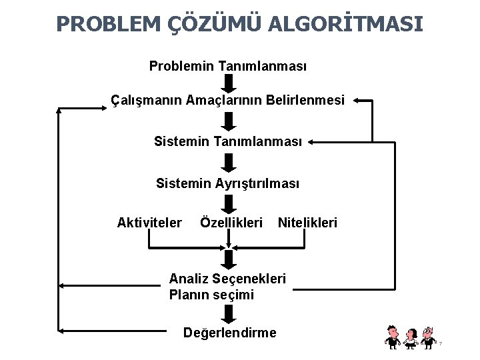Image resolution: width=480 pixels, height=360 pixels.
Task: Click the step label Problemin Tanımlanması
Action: (x=228, y=67)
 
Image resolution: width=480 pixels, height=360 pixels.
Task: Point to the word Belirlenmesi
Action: (x=305, y=101)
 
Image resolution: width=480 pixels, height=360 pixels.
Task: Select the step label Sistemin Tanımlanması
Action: (x=228, y=141)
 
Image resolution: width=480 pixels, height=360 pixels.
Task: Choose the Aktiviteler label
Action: (x=149, y=221)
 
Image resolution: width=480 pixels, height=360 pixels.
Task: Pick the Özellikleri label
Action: (x=231, y=221)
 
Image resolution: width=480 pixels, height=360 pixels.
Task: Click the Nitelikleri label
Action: (x=307, y=221)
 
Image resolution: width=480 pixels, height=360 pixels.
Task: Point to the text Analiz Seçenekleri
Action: (x=227, y=278)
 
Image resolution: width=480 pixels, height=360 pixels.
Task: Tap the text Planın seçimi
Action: (x=211, y=294)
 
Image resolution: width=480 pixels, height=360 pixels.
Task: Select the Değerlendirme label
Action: (x=229, y=332)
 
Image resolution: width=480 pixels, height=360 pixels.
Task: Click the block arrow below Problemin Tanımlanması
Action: (x=229, y=84)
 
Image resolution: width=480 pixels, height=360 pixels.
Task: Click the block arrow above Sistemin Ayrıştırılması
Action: (x=229, y=162)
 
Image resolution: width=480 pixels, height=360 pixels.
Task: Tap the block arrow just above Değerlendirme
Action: (x=229, y=313)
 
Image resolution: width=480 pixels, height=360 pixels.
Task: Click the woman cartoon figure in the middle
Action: (x=411, y=337)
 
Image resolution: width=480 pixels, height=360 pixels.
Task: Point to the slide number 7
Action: (x=441, y=343)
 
